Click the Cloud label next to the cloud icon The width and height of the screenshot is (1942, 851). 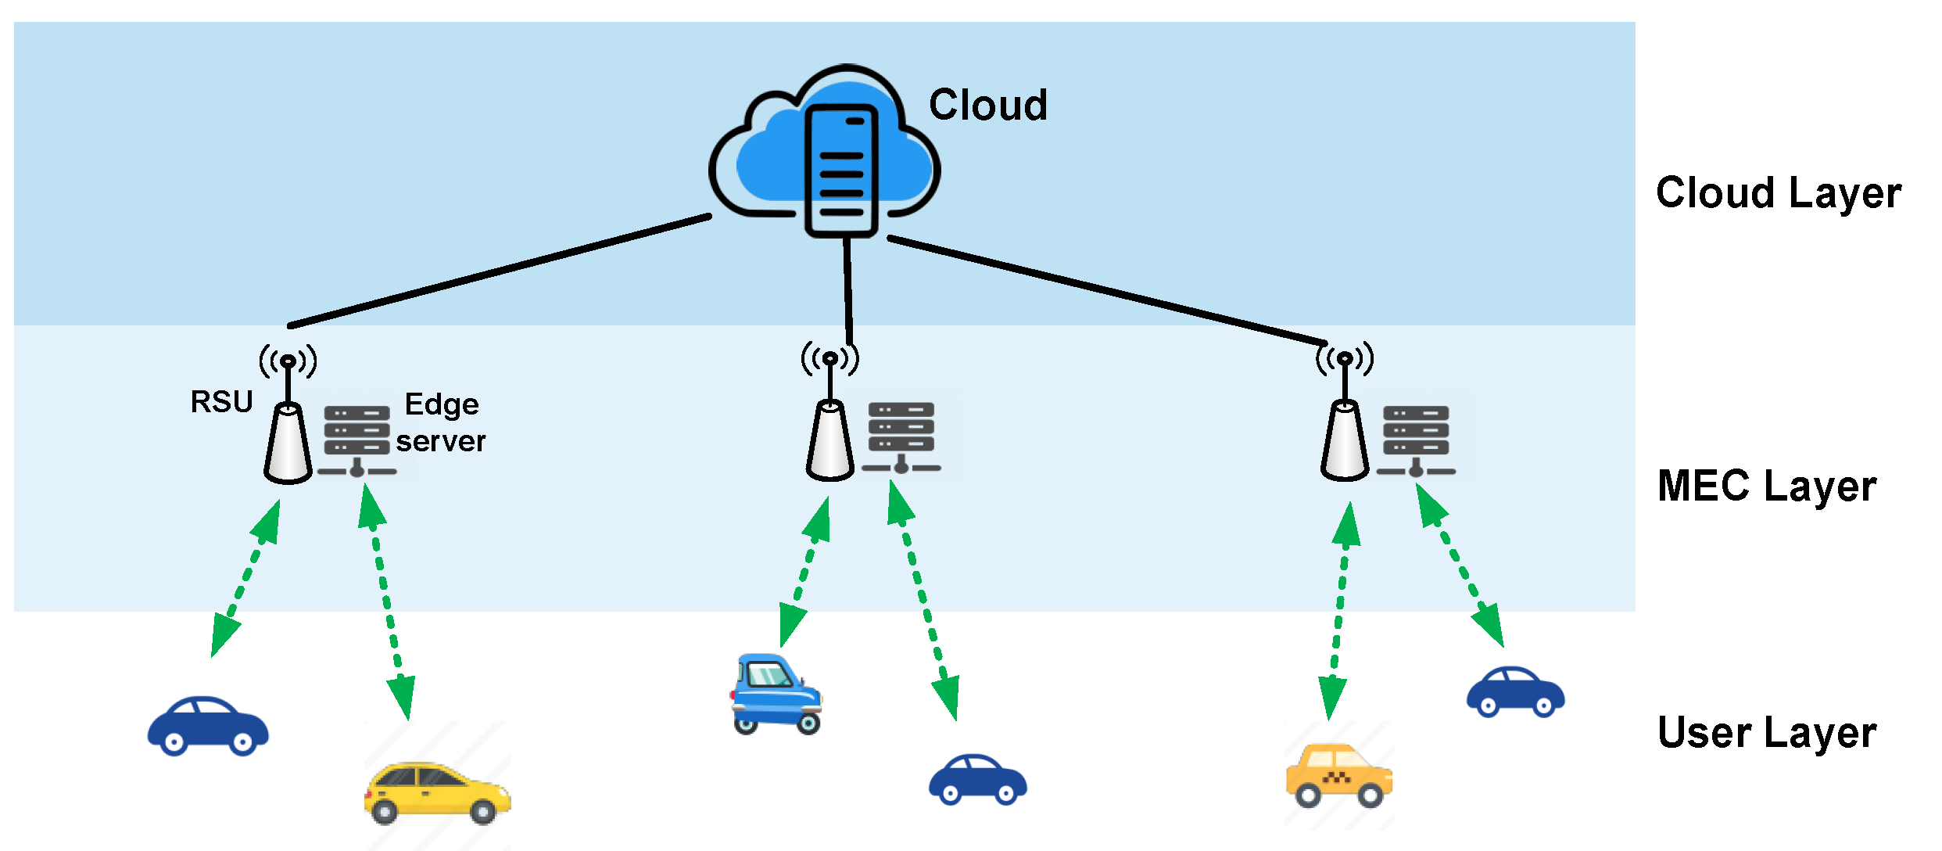987,105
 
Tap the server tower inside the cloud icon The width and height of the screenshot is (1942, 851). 841,171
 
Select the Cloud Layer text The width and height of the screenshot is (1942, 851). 1778,193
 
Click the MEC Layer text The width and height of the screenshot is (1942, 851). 1766,486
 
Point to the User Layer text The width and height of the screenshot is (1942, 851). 1766,733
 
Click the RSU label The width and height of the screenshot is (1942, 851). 221,402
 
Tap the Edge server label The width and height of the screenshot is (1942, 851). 441,422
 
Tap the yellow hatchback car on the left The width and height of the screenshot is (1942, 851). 437,792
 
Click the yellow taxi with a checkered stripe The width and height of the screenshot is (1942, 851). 1338,774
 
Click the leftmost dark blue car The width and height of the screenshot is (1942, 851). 208,726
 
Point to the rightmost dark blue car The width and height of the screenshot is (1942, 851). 1515,692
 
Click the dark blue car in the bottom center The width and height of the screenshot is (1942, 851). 977,779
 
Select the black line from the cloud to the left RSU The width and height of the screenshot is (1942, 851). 500,270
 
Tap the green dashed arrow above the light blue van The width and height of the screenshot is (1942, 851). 805,571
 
